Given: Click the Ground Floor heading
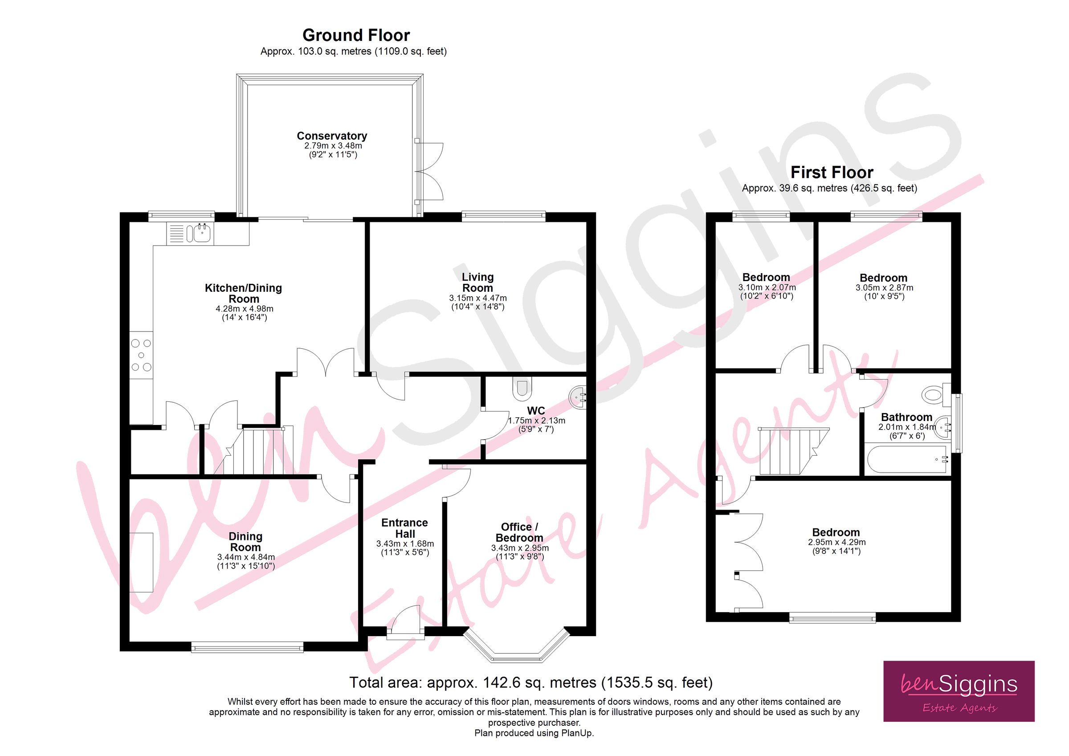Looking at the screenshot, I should tap(356, 35).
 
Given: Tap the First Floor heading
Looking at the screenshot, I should tap(832, 173).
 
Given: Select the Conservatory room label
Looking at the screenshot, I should tap(332, 136).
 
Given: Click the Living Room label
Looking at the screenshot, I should tap(477, 283).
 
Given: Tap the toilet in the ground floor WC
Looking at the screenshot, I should tap(522, 388).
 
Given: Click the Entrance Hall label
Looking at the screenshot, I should tap(404, 528).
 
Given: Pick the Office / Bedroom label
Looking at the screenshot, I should tap(519, 532).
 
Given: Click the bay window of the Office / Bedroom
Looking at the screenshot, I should tap(517, 650).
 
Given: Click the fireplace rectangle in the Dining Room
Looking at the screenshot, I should tap(142, 562).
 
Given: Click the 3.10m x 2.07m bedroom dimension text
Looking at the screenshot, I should tap(767, 288).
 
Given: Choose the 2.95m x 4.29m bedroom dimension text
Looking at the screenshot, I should tap(836, 542).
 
